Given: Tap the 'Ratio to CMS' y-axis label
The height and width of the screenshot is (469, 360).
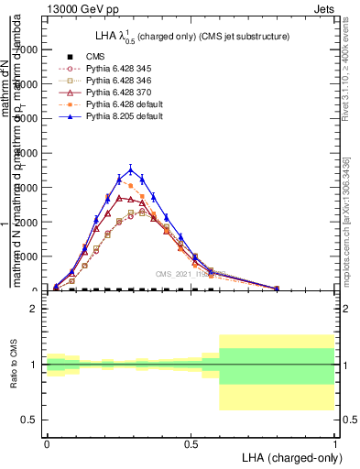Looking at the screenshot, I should (14, 365).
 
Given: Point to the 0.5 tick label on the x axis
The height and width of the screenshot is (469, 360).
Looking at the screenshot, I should (191, 443).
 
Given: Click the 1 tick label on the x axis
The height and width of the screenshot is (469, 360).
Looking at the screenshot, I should (335, 443).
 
